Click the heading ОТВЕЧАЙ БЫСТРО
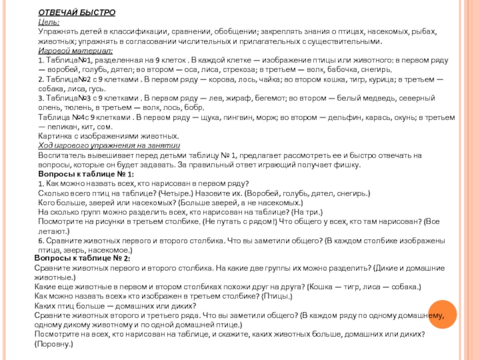tap(77, 13)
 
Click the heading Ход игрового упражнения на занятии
tap(109, 146)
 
